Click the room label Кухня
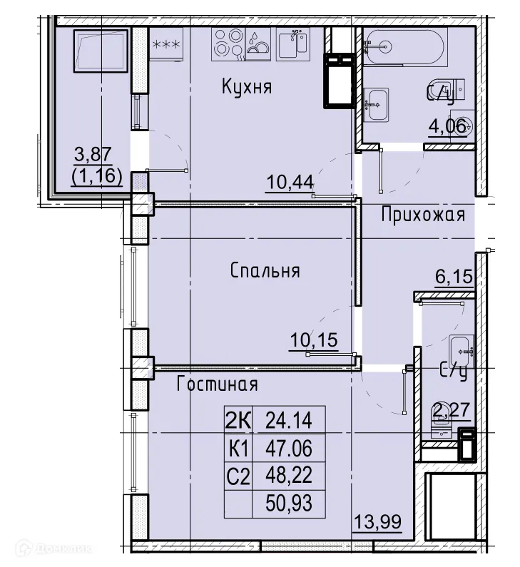click(247, 88)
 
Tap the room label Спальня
click(265, 271)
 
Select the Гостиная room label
click(217, 384)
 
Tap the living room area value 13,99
click(377, 522)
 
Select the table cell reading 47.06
click(289, 448)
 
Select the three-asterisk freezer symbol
click(166, 44)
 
